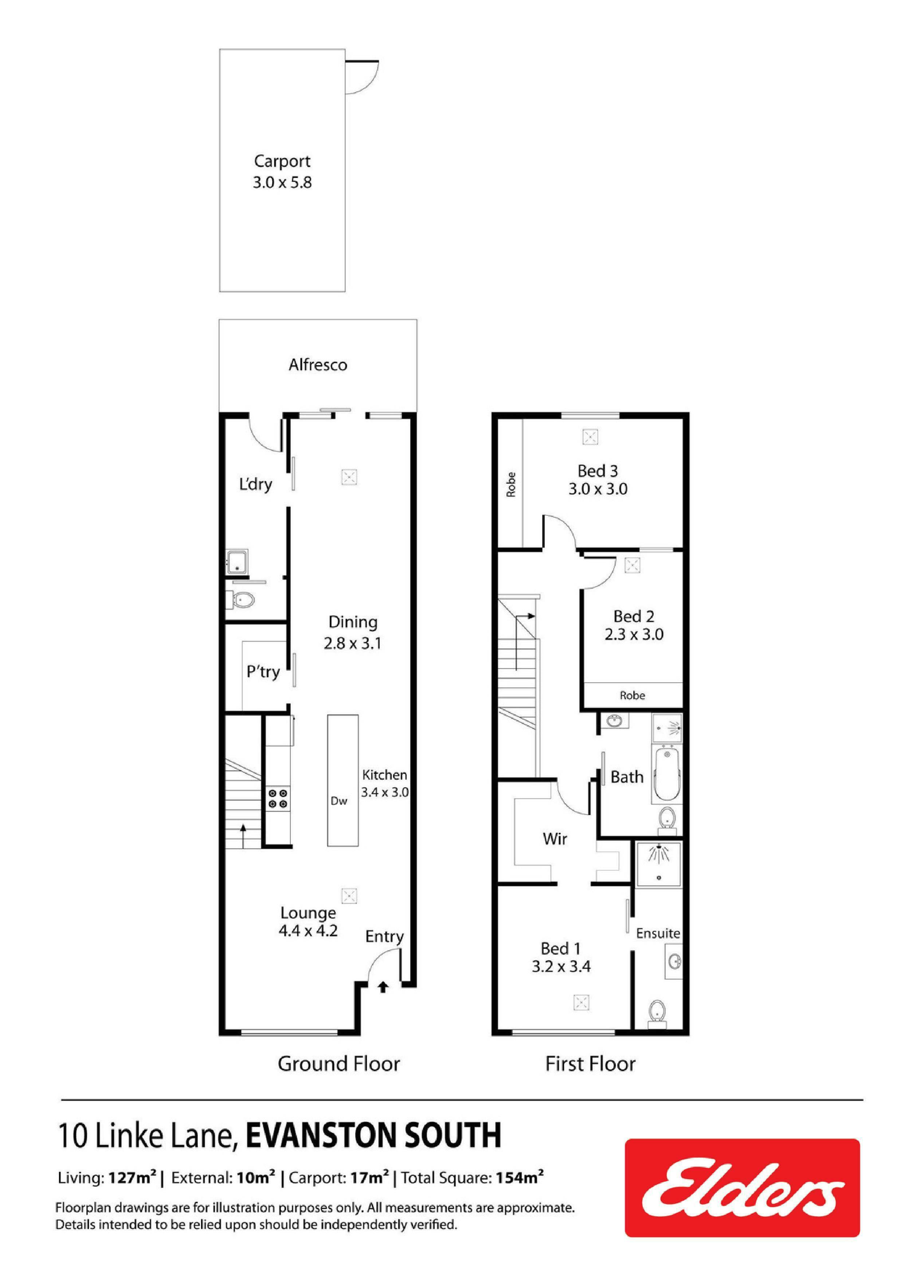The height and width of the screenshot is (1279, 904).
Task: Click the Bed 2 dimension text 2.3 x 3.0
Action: pyautogui.click(x=634, y=635)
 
